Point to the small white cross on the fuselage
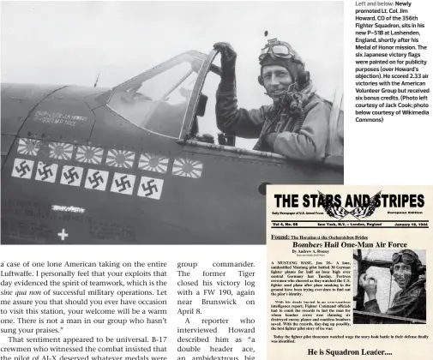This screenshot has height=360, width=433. coord(63,233)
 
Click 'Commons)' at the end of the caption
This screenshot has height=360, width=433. coord(370,119)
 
